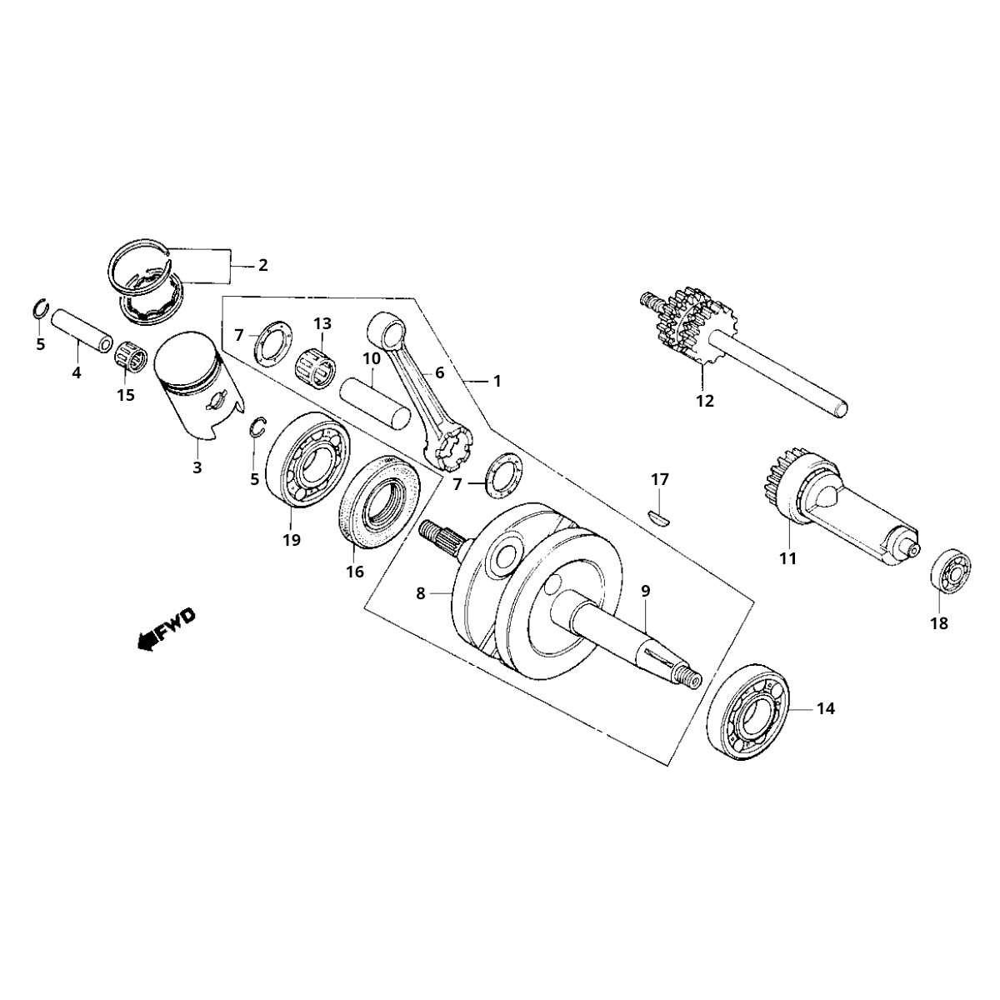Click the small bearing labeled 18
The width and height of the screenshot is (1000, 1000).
(949, 572)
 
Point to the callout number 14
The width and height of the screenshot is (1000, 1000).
(825, 709)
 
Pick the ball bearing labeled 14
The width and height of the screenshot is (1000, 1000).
(748, 714)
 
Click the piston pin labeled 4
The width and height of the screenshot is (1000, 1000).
(80, 332)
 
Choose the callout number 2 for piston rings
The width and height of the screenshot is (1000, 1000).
(262, 266)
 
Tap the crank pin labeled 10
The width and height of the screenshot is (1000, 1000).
(372, 395)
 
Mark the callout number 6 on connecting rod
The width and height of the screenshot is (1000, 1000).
(439, 373)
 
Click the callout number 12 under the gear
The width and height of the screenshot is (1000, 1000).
(705, 401)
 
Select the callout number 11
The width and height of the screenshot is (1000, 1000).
(787, 558)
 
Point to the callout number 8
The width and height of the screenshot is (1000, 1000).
(421, 593)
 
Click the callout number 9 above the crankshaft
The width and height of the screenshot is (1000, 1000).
(645, 590)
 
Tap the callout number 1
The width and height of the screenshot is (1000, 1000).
(497, 381)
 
